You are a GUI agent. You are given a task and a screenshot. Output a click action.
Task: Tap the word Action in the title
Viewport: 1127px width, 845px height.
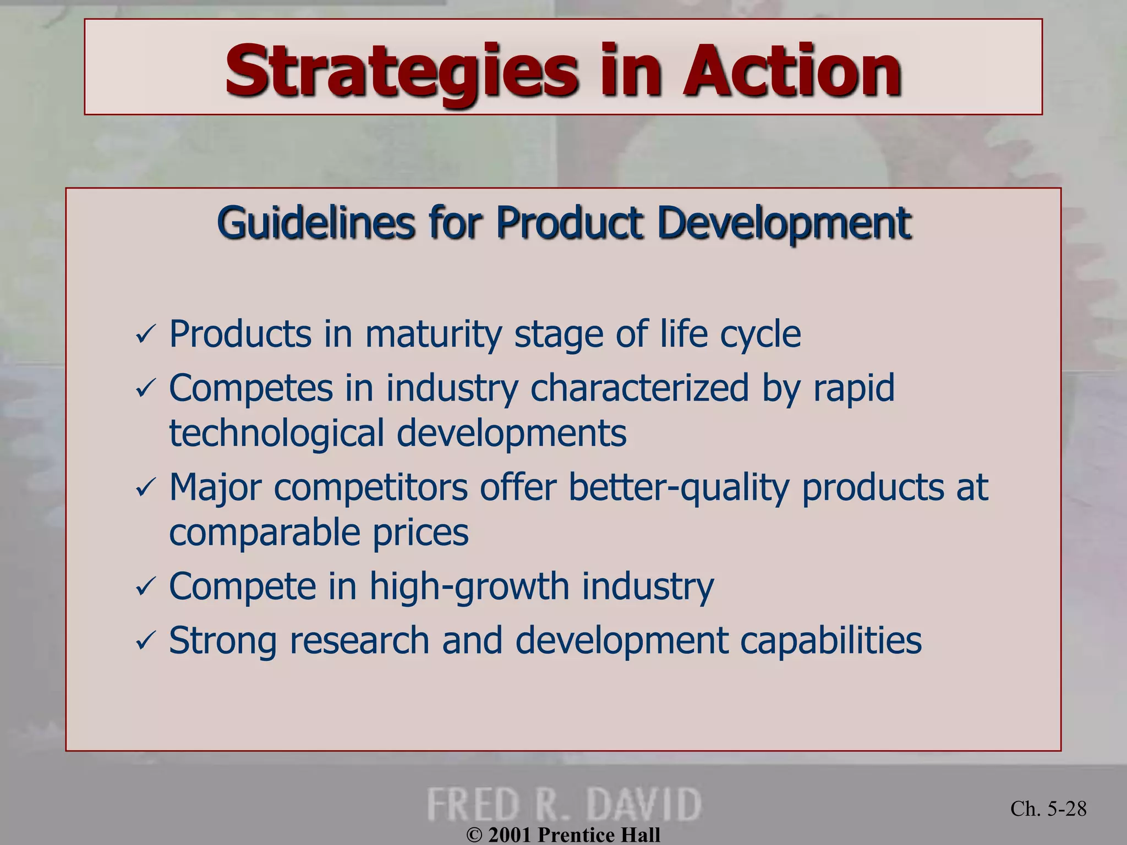click(x=792, y=72)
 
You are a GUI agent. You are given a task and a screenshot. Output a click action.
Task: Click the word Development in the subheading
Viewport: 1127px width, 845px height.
click(x=784, y=223)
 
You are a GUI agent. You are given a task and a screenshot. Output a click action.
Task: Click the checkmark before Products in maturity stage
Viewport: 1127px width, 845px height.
click(x=146, y=335)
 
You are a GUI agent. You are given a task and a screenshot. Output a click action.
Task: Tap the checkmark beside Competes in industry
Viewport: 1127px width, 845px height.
click(x=146, y=389)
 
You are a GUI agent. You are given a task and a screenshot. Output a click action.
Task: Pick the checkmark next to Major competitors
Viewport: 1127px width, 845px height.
click(x=146, y=488)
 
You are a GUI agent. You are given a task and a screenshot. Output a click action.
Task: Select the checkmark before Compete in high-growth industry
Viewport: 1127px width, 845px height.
click(x=146, y=587)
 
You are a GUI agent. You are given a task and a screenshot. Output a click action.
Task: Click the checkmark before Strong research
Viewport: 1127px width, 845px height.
click(x=146, y=641)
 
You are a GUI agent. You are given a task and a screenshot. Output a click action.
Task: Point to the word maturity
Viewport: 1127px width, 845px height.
click(x=434, y=334)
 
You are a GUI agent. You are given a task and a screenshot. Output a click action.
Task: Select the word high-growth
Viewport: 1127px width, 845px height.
click(x=469, y=586)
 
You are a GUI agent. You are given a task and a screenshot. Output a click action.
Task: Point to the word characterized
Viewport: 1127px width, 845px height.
click(x=640, y=388)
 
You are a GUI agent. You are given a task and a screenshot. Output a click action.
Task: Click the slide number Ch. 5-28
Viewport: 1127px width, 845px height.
click(x=1048, y=808)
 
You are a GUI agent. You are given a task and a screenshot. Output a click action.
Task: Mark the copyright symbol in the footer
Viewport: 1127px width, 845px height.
click(x=474, y=836)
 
